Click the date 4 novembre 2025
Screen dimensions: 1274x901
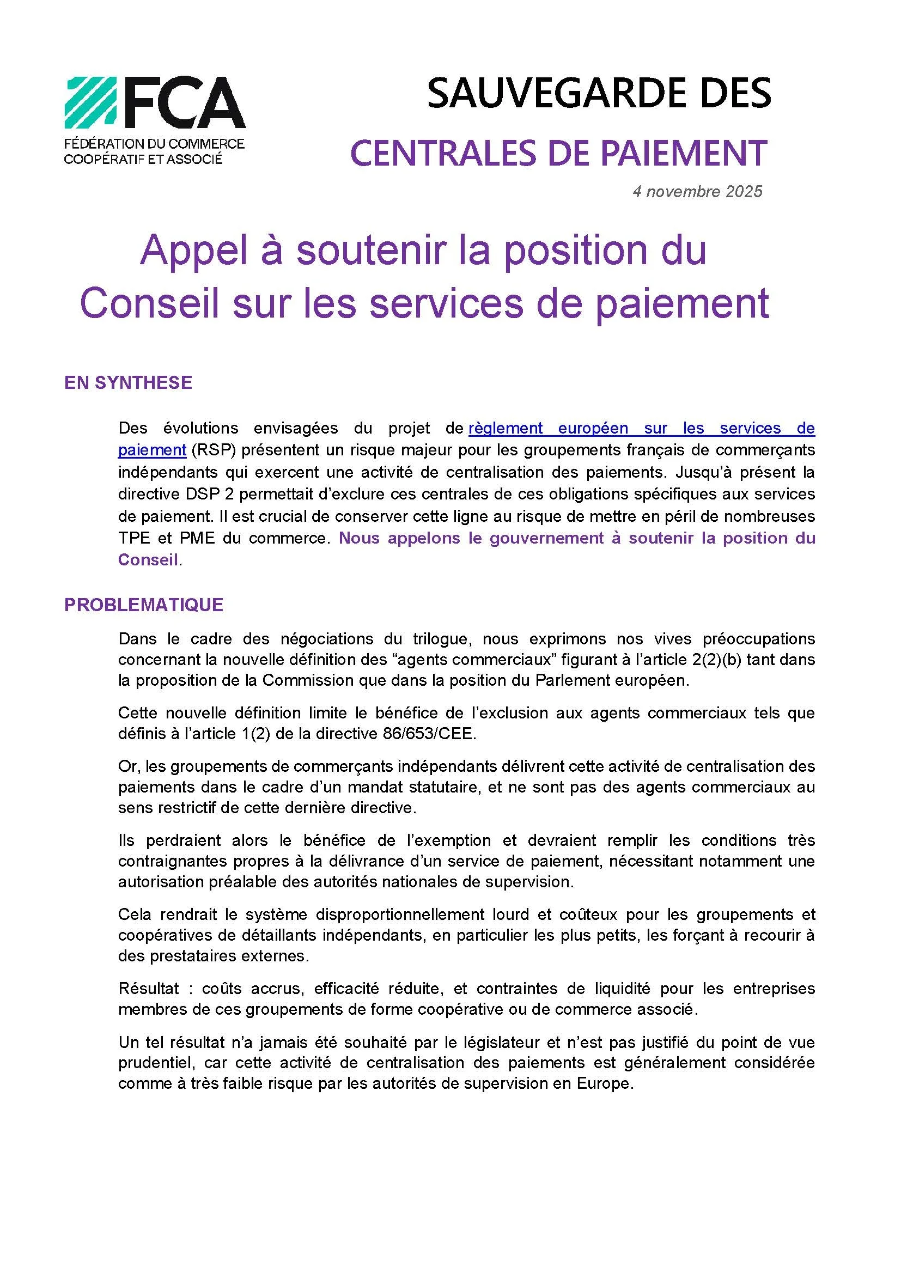697,192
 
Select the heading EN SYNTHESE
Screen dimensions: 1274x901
128,383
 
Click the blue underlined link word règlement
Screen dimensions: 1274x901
506,428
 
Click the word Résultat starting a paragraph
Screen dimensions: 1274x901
148,988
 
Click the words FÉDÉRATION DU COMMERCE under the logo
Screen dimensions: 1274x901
154,144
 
